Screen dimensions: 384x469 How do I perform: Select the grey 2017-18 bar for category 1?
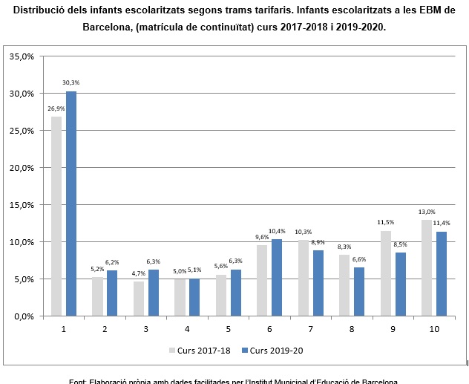click(x=56, y=216)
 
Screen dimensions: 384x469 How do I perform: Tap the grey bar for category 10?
click(x=427, y=267)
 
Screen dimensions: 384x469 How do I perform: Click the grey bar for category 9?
click(x=385, y=273)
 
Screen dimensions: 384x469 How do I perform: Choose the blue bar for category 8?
click(x=359, y=291)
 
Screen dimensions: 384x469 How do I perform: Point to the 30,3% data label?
click(x=71, y=82)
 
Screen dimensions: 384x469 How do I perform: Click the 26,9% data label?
click(x=56, y=108)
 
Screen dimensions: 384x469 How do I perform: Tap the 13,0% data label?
click(x=427, y=212)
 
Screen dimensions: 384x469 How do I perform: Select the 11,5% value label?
click(x=385, y=222)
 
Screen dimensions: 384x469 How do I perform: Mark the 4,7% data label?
click(x=138, y=273)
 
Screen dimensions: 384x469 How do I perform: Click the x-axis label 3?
click(x=145, y=328)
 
